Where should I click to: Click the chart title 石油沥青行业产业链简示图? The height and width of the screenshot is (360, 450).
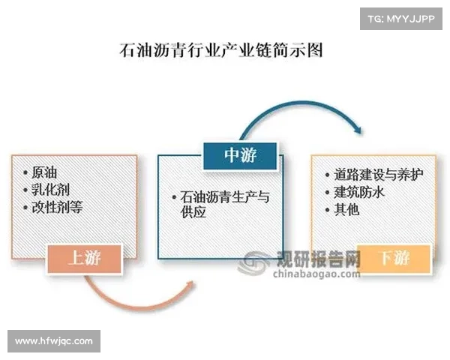(221, 52)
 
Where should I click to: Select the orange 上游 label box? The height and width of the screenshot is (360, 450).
(84, 259)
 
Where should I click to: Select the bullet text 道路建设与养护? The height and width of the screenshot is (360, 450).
(379, 174)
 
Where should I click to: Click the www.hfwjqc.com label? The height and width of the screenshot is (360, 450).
(54, 341)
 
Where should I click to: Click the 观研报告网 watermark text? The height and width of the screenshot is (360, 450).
(319, 259)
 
